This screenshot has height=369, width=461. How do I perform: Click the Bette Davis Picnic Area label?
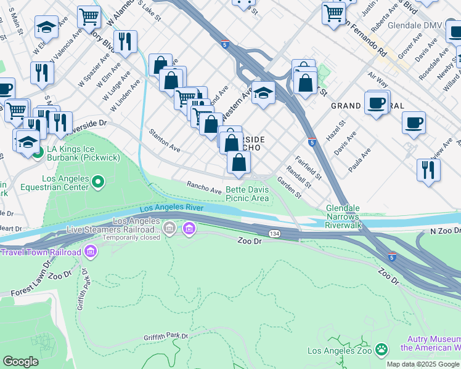click(x=247, y=194)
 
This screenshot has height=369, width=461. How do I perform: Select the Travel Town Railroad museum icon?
click(x=91, y=252)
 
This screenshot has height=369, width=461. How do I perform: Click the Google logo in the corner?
click(x=21, y=362)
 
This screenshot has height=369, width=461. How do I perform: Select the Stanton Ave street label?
click(x=164, y=140)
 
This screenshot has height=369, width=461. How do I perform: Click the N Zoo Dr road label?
click(x=444, y=231)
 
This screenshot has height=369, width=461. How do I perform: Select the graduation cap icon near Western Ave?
click(x=263, y=94)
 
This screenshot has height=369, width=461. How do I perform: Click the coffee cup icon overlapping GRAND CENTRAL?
click(x=377, y=103)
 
